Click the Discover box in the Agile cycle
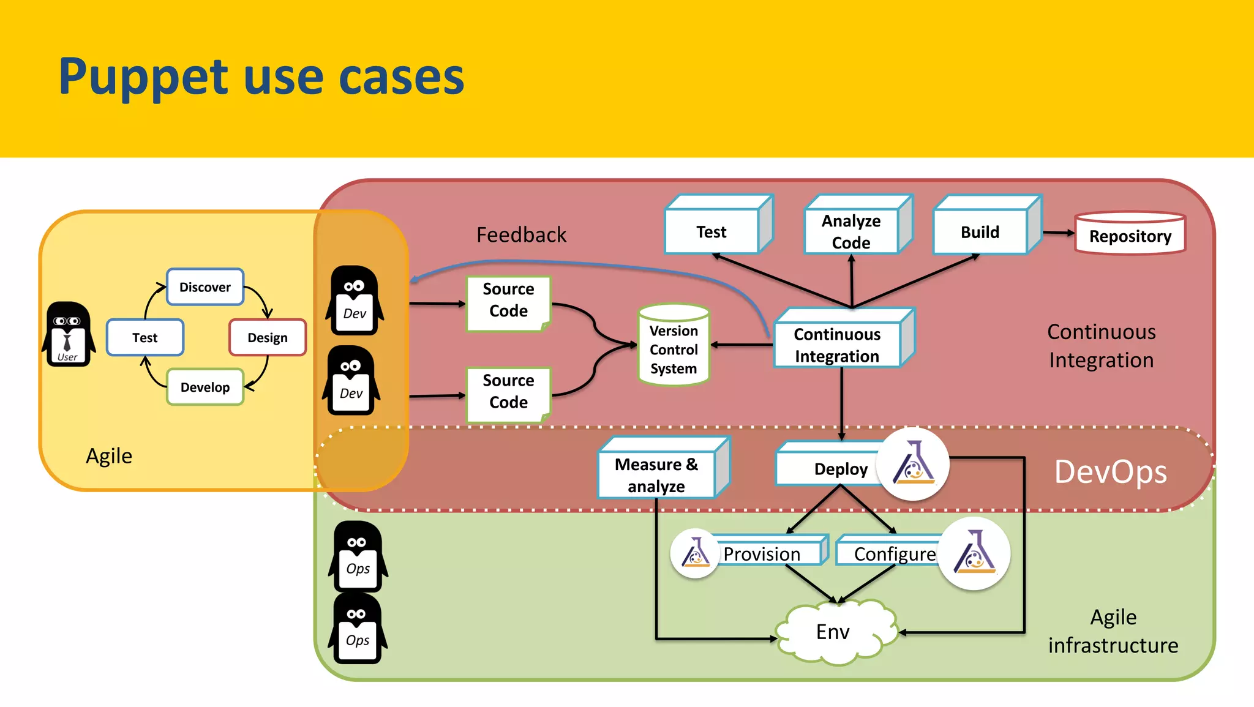pyautogui.click(x=205, y=287)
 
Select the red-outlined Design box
pyautogui.click(x=268, y=337)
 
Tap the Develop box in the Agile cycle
pyautogui.click(x=205, y=387)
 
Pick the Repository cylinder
pyautogui.click(x=1130, y=234)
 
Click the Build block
pyautogui.click(x=981, y=232)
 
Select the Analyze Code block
pyautogui.click(x=852, y=231)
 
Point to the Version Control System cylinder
pyautogui.click(x=674, y=346)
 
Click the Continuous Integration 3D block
pyautogui.click(x=838, y=345)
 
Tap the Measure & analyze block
pyautogui.click(x=656, y=474)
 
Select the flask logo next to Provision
pyautogui.click(x=695, y=553)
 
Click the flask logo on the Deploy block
pyautogui.click(x=912, y=464)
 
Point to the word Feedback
pyautogui.click(x=521, y=234)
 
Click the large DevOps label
pyautogui.click(x=1110, y=472)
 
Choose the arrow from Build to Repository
pyautogui.click(x=1058, y=233)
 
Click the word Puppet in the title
pyautogui.click(x=143, y=78)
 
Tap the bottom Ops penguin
pyautogui.click(x=358, y=629)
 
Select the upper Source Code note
pyautogui.click(x=508, y=300)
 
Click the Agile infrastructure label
pyautogui.click(x=1113, y=631)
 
